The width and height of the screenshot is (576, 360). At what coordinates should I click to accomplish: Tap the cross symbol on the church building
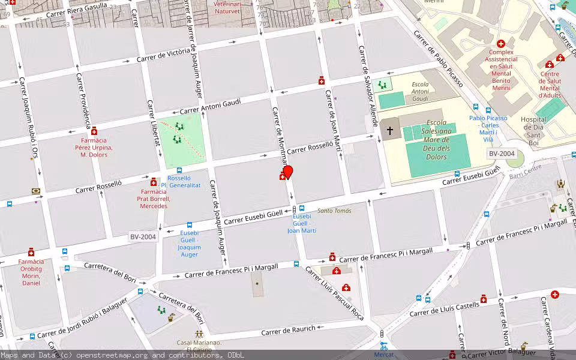[390, 130]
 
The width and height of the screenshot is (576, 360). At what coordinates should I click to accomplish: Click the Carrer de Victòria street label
[163, 55]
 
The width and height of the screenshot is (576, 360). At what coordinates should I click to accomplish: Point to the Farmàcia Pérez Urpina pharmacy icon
[94, 131]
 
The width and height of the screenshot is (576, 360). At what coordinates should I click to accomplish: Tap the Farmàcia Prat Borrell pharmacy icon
[154, 182]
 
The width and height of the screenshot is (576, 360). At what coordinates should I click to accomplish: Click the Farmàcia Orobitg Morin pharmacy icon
[31, 253]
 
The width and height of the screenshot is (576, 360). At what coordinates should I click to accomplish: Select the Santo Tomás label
[334, 211]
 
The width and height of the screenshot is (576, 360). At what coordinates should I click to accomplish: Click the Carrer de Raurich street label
[288, 331]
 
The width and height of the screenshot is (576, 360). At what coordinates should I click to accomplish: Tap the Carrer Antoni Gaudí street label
[210, 106]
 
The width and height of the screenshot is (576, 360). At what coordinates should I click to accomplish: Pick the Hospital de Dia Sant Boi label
[533, 127]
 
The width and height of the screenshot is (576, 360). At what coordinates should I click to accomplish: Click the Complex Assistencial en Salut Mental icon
[500, 44]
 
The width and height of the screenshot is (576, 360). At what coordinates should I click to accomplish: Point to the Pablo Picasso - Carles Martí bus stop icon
[488, 110]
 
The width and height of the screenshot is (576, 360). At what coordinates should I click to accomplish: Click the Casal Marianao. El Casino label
[199, 347]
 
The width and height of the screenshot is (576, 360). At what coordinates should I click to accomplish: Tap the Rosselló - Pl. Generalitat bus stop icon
[179, 170]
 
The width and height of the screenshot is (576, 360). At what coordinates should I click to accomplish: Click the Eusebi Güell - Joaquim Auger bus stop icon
[190, 225]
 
